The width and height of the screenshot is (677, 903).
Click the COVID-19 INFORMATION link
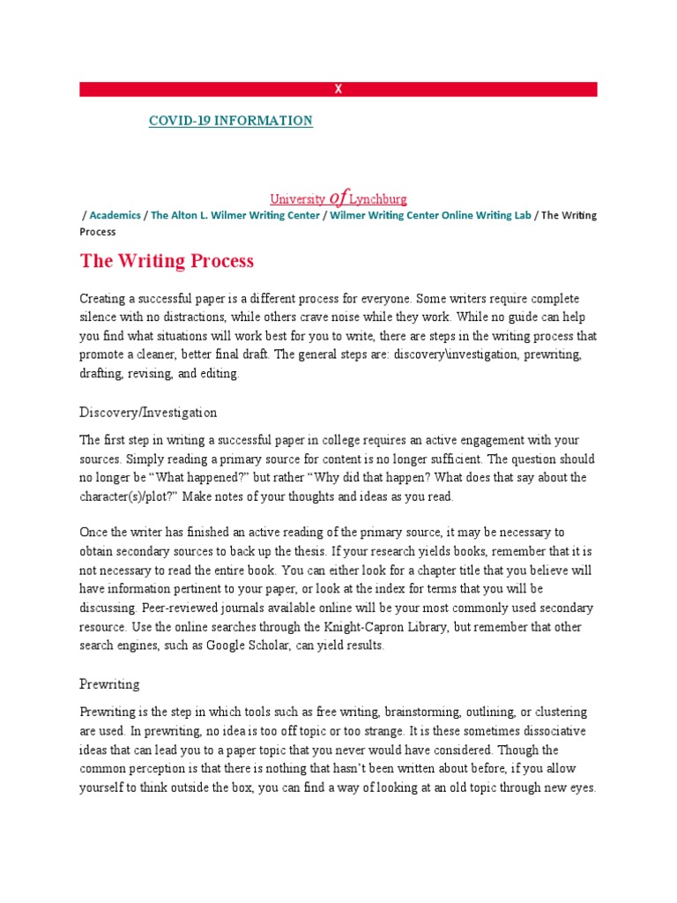pyautogui.click(x=230, y=121)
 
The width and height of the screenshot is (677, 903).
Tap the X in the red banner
pyautogui.click(x=338, y=89)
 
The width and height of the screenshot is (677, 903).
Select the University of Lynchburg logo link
pyautogui.click(x=338, y=199)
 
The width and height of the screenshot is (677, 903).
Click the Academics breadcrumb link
pyautogui.click(x=115, y=216)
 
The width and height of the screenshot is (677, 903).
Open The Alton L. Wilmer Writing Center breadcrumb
pyautogui.click(x=235, y=216)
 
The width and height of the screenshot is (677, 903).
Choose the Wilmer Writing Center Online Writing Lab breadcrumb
pyautogui.click(x=430, y=216)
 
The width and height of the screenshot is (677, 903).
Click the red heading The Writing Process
pyautogui.click(x=167, y=261)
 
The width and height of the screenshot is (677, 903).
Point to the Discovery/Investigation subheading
pyautogui.click(x=148, y=413)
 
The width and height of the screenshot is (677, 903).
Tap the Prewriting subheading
pyautogui.click(x=109, y=684)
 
